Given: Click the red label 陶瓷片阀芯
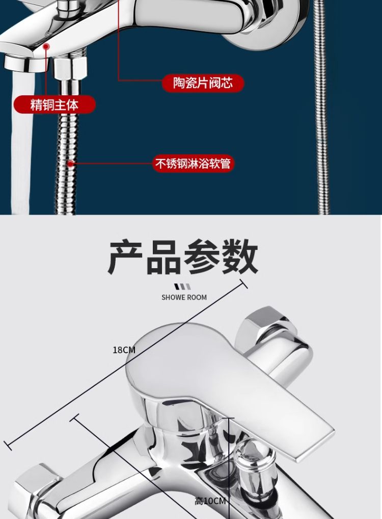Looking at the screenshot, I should (203, 83).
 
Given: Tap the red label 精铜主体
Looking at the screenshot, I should (54, 105).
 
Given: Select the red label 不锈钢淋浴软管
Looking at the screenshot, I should (193, 164).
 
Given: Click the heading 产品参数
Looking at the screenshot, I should (183, 257).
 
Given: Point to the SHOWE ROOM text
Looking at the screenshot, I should (184, 297).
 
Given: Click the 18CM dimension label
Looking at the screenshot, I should (124, 350).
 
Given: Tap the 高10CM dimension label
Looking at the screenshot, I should (210, 501).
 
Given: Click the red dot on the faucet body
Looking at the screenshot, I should (47, 46).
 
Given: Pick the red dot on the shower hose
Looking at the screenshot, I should (71, 164).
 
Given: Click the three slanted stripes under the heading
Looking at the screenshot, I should (183, 287).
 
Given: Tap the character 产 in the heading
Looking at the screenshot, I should (126, 257).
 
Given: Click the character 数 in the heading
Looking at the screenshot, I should (240, 257).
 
